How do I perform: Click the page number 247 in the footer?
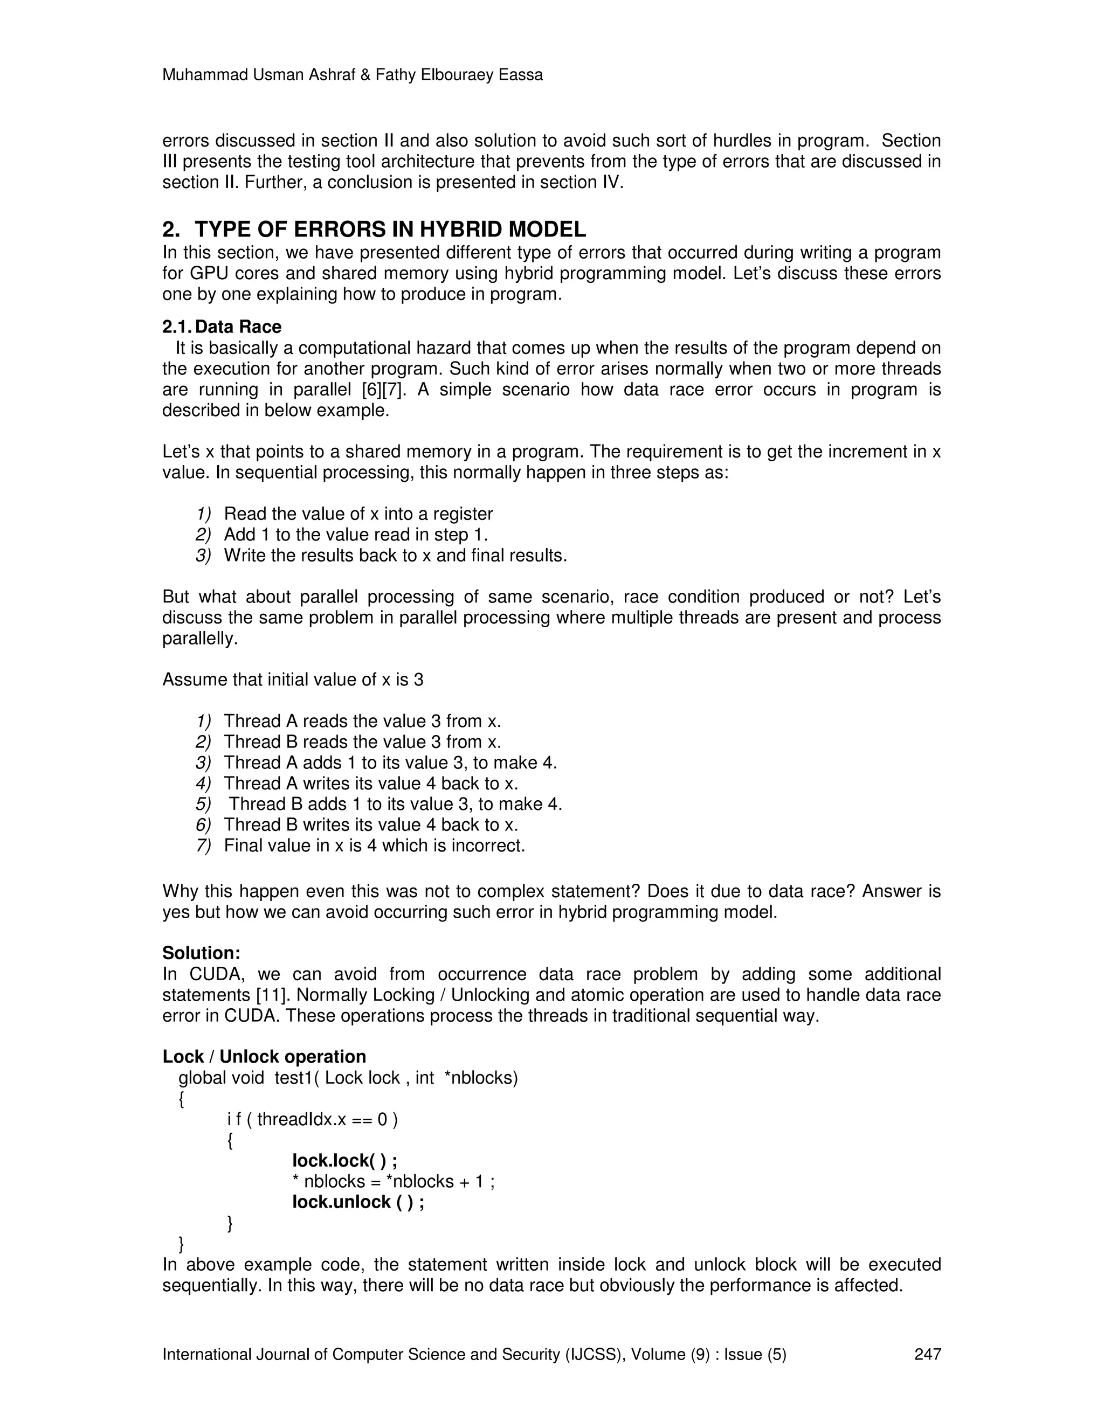[x=927, y=1354]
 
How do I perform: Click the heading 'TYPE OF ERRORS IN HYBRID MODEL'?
[x=390, y=230]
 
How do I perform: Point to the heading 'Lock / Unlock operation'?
[x=264, y=1057]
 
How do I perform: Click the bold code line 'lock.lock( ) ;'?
[x=344, y=1161]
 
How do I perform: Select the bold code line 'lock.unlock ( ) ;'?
[x=358, y=1202]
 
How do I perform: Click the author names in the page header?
[x=353, y=75]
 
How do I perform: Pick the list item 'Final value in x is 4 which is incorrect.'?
[x=374, y=845]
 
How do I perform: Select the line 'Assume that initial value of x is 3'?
[x=292, y=680]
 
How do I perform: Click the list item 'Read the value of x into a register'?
[x=358, y=514]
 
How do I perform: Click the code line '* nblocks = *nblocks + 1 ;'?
[x=393, y=1182]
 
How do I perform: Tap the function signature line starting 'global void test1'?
[x=348, y=1078]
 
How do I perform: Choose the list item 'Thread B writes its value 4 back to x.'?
[x=370, y=824]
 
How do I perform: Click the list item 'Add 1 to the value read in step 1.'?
[x=356, y=535]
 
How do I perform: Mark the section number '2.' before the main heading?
[x=171, y=230]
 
